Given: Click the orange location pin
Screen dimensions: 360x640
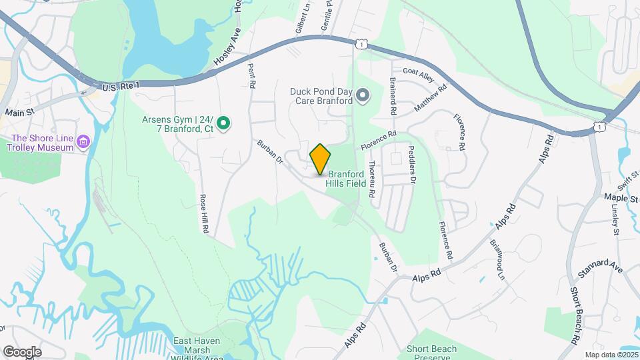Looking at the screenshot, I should point(320,159).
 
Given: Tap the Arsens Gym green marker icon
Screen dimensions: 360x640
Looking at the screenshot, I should point(225,123).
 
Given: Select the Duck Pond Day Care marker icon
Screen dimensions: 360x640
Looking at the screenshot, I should point(363,96).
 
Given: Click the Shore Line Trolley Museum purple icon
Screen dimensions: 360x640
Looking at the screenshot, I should point(83,141).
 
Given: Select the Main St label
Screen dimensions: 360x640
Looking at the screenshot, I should point(19,113).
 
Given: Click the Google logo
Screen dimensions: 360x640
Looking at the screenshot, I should point(21,351).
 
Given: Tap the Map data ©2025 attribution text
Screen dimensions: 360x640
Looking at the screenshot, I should point(611,355).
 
